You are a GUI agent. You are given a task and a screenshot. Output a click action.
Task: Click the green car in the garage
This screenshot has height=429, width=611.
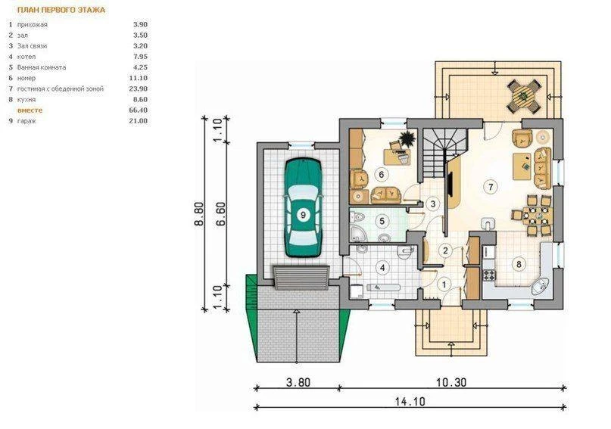coord(303,207)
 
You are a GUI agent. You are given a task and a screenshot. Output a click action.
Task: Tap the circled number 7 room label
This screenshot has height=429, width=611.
coord(490,187)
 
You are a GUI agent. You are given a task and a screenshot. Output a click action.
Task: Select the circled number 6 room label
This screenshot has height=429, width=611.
coord(381,175)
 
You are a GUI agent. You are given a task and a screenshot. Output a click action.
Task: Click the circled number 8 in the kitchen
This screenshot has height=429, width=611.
coord(519,265)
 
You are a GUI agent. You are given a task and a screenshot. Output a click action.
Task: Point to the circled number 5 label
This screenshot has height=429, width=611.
coord(382,221)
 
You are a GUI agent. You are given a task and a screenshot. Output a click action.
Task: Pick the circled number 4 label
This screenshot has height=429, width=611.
coord(382,268)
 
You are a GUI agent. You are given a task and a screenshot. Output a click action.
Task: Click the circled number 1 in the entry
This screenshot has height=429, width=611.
coord(444,284)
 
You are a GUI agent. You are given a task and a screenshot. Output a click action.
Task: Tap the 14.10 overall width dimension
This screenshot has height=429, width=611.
coord(410,401)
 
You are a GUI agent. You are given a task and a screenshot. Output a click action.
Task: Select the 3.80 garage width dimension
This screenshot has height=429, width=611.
coord(298,382)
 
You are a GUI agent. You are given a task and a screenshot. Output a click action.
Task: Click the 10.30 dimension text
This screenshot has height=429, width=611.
coord(450,382)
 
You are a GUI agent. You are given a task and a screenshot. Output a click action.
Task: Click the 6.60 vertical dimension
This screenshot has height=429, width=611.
coord(220,214)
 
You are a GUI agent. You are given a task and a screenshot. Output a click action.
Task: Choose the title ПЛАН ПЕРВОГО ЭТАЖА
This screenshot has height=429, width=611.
coord(61,10)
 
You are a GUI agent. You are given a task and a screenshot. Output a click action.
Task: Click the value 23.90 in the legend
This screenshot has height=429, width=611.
coord(138,89)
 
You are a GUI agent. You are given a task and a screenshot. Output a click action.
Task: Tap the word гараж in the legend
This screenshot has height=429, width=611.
coord(26,121)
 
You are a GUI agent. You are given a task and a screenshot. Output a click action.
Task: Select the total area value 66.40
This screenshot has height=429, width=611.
coord(138,110)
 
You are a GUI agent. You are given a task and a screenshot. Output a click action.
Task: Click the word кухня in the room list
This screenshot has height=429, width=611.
coord(26,100)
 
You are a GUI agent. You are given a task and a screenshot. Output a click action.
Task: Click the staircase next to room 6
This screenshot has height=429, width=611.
coord(444,153)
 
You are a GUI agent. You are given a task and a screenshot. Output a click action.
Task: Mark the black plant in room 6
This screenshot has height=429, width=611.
coord(407,139)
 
